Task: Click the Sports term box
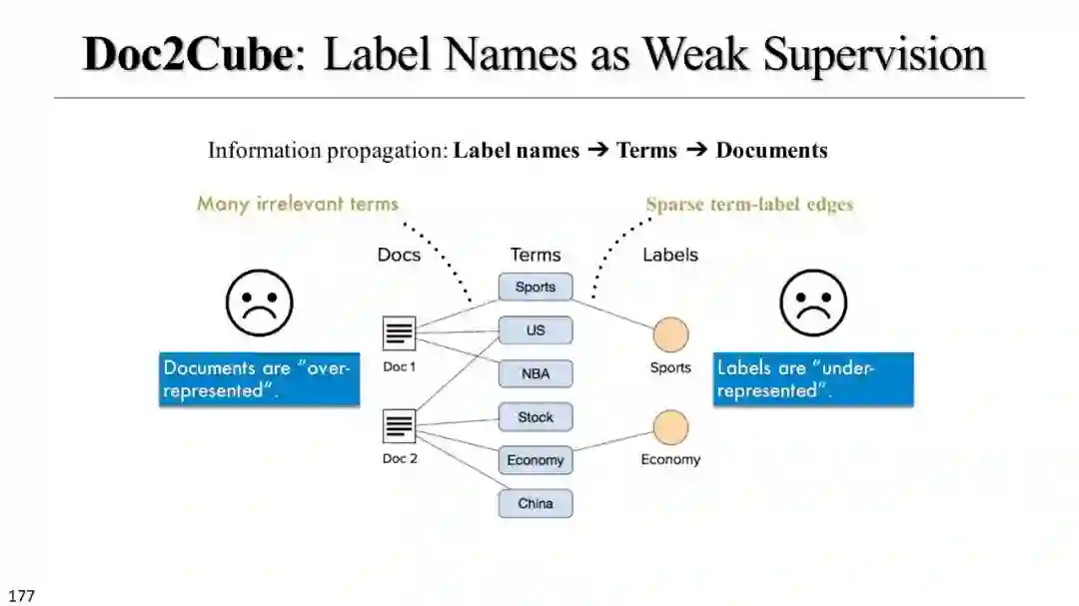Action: [x=536, y=287]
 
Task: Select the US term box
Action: [x=536, y=330]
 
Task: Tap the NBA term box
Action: [x=536, y=374]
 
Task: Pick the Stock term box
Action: [x=536, y=417]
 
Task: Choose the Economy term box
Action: [x=536, y=460]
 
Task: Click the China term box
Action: [x=536, y=503]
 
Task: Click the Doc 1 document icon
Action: [x=399, y=333]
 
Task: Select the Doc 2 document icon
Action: [x=399, y=426]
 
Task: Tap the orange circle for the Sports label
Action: [x=670, y=334]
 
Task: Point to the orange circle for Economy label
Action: [x=670, y=427]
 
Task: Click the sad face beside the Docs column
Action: [x=260, y=303]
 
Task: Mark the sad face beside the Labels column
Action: [x=813, y=303]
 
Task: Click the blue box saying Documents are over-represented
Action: [x=259, y=379]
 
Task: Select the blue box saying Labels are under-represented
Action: [x=812, y=379]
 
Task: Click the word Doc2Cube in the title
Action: [x=187, y=54]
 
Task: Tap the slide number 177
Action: [x=20, y=596]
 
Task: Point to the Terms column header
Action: [x=536, y=255]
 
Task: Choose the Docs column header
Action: [x=399, y=255]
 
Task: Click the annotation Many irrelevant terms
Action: [x=298, y=204]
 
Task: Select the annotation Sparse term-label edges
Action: [x=749, y=205]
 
